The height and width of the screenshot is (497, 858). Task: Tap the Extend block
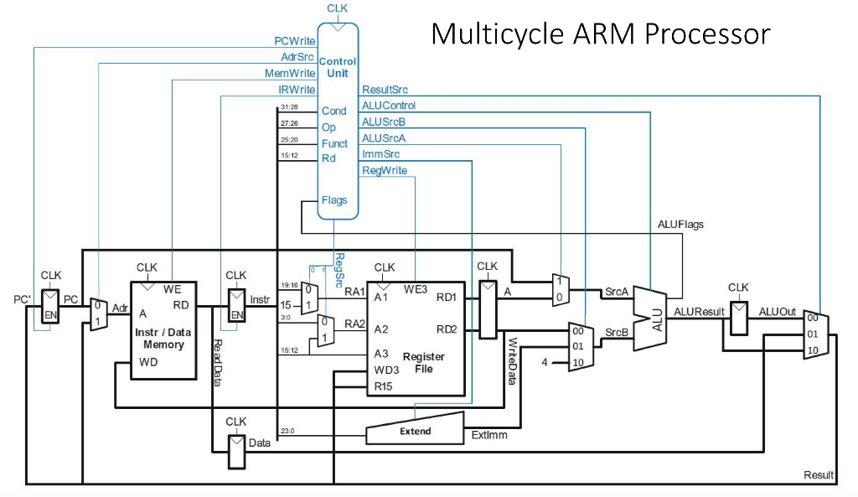415,431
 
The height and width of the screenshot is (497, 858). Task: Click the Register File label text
424,362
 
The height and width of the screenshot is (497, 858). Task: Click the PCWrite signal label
295,40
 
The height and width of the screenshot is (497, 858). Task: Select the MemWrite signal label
290,73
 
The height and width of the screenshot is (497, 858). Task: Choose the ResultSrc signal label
385,90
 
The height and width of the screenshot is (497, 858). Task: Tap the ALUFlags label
681,224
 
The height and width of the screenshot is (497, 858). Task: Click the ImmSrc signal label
380,154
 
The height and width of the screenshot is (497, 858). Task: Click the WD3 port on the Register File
385,370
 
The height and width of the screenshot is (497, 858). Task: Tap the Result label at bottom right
819,475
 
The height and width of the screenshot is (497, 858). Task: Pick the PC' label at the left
23,298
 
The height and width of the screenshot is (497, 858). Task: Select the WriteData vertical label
512,361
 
